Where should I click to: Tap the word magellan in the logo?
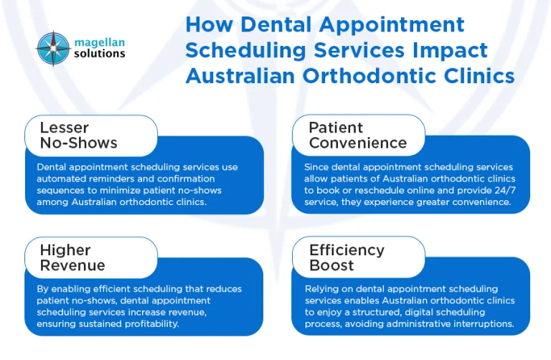point(100,42)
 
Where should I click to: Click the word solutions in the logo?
point(99,54)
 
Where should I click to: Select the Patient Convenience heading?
point(357,135)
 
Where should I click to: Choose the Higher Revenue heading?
point(72,257)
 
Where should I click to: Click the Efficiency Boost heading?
point(347,257)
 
